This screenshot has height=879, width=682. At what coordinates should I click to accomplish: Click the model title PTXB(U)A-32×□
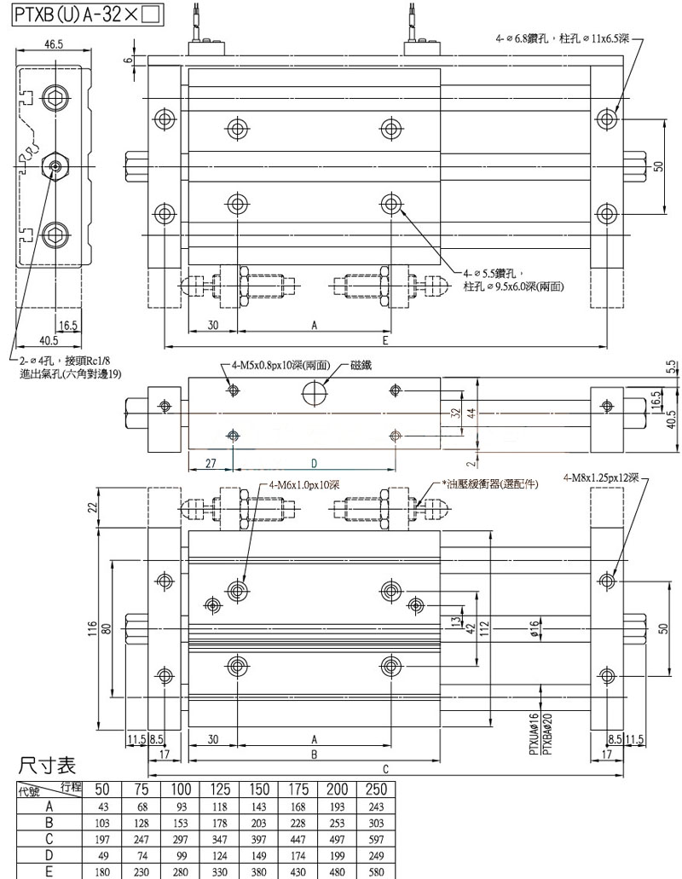[83, 14]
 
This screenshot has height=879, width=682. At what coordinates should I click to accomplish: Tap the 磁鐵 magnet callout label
[361, 365]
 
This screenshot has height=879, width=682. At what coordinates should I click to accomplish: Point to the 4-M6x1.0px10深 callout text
[304, 484]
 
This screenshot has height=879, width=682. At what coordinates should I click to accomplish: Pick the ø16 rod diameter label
[534, 630]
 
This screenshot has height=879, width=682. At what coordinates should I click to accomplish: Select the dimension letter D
[314, 463]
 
